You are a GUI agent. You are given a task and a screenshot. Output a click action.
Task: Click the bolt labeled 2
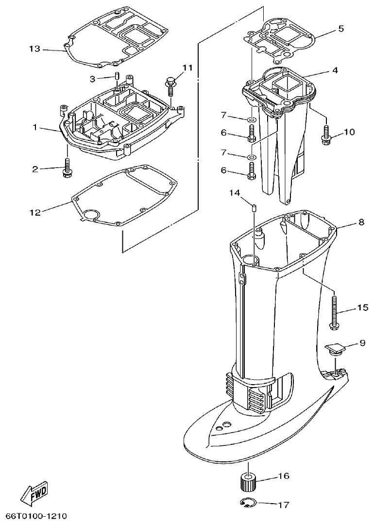(67, 168)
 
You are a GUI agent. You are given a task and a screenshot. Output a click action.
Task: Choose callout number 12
(34, 211)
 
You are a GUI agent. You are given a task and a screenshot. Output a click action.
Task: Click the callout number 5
(341, 29)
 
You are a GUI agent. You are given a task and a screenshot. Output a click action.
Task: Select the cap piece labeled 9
(335, 349)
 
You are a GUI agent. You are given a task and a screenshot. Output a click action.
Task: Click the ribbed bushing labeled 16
(249, 483)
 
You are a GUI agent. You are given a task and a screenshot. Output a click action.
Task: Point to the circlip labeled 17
(249, 503)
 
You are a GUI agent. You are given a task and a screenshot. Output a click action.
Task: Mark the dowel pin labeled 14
(254, 208)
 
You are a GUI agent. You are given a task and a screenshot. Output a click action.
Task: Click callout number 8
(361, 223)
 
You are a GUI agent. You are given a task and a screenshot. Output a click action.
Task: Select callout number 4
(335, 70)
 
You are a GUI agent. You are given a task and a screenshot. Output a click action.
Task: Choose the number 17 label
(283, 505)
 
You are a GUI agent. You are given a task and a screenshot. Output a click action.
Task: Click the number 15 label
(363, 307)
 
